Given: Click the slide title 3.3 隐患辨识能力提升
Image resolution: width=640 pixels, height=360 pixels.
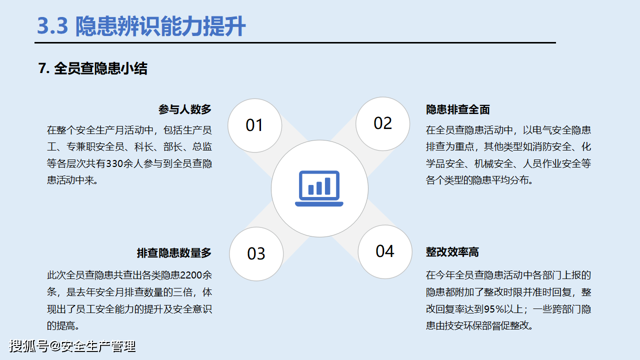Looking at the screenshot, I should [141, 26].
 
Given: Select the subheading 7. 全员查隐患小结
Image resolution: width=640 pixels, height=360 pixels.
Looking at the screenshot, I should [92, 68].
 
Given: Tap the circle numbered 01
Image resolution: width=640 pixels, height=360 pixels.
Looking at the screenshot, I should [254, 125].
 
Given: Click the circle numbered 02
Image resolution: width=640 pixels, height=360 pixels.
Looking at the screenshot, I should [382, 123].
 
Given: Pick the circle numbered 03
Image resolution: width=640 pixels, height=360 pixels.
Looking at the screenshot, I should [256, 253].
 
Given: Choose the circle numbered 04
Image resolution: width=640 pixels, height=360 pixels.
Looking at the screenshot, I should [384, 251].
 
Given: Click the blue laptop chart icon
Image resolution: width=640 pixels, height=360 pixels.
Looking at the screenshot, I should [319, 188].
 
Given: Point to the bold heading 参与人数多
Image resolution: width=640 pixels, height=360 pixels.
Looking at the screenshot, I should [185, 109].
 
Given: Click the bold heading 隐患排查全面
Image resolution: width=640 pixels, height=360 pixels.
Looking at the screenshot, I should [457, 109].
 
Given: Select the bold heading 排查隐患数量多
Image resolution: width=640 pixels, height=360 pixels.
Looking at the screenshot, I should [174, 253].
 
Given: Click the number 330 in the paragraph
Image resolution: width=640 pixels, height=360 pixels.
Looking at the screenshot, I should [122, 163].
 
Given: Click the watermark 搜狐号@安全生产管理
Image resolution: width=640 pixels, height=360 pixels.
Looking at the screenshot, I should [72, 346].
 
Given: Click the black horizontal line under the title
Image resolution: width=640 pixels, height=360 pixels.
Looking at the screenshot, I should [295, 43].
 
